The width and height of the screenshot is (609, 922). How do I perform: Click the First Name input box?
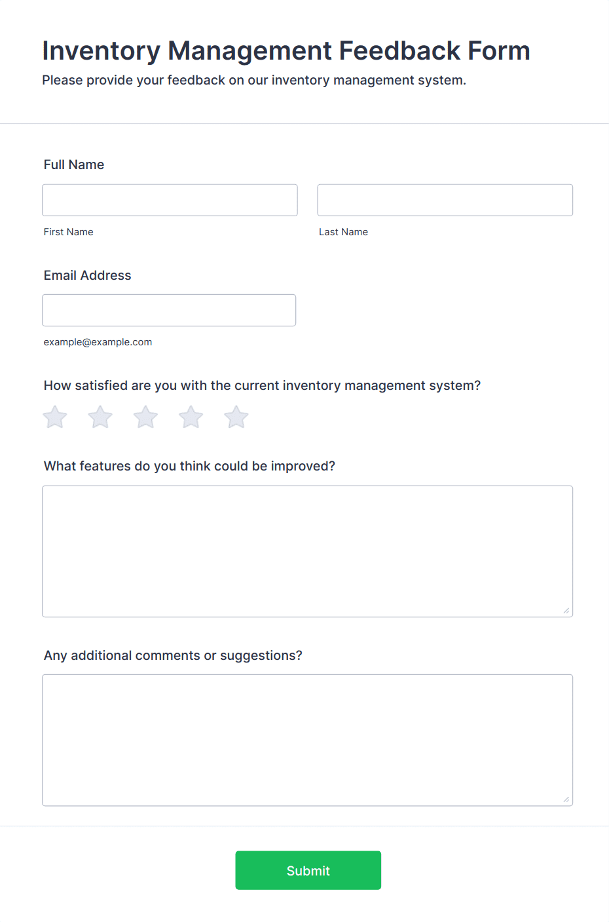click(x=170, y=200)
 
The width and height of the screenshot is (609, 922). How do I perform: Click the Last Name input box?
click(x=445, y=200)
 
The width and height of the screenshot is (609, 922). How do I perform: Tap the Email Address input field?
click(x=169, y=310)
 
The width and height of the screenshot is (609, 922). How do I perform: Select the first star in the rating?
click(x=55, y=417)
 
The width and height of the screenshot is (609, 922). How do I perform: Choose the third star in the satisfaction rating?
click(x=145, y=417)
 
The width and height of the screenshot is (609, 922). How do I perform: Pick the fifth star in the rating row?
click(x=236, y=417)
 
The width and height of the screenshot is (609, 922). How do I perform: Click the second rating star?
click(x=100, y=417)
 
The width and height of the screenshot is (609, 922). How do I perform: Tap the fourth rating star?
click(x=191, y=417)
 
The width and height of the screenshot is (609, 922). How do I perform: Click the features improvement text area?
click(x=307, y=551)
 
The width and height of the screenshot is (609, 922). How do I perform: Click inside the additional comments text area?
click(x=307, y=740)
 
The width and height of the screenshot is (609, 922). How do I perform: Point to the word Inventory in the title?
click(x=101, y=51)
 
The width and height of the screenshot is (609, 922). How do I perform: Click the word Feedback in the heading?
click(x=399, y=51)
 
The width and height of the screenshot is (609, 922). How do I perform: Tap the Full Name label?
click(x=74, y=164)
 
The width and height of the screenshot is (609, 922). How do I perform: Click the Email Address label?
click(x=87, y=275)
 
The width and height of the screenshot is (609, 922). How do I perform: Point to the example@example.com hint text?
click(x=98, y=342)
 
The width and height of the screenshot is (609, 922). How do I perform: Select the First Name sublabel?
click(x=68, y=232)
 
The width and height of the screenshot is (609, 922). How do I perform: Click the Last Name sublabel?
click(x=343, y=232)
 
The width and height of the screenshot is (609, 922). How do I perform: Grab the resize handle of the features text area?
click(x=566, y=611)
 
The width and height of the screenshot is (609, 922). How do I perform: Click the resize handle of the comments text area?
click(x=566, y=799)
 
